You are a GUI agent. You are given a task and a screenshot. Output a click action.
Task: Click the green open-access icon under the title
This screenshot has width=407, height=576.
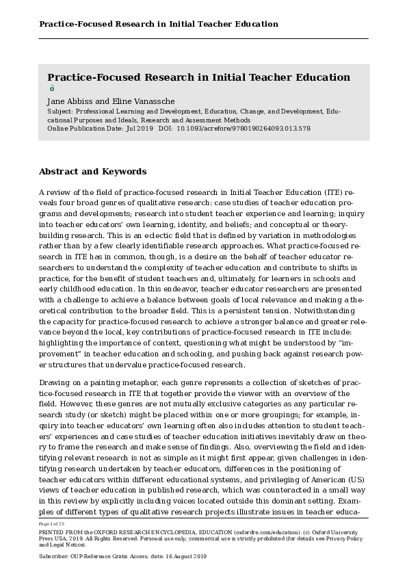tap(51, 88)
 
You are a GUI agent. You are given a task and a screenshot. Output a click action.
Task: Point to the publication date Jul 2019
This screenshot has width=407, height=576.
tap(140, 128)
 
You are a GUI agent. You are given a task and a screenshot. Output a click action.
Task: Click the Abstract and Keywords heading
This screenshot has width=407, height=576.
tap(92, 172)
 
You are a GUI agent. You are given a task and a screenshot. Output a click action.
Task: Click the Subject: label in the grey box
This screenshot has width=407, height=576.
tap(60, 111)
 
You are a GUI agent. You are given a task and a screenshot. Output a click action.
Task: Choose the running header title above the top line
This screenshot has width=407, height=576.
tap(159, 24)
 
